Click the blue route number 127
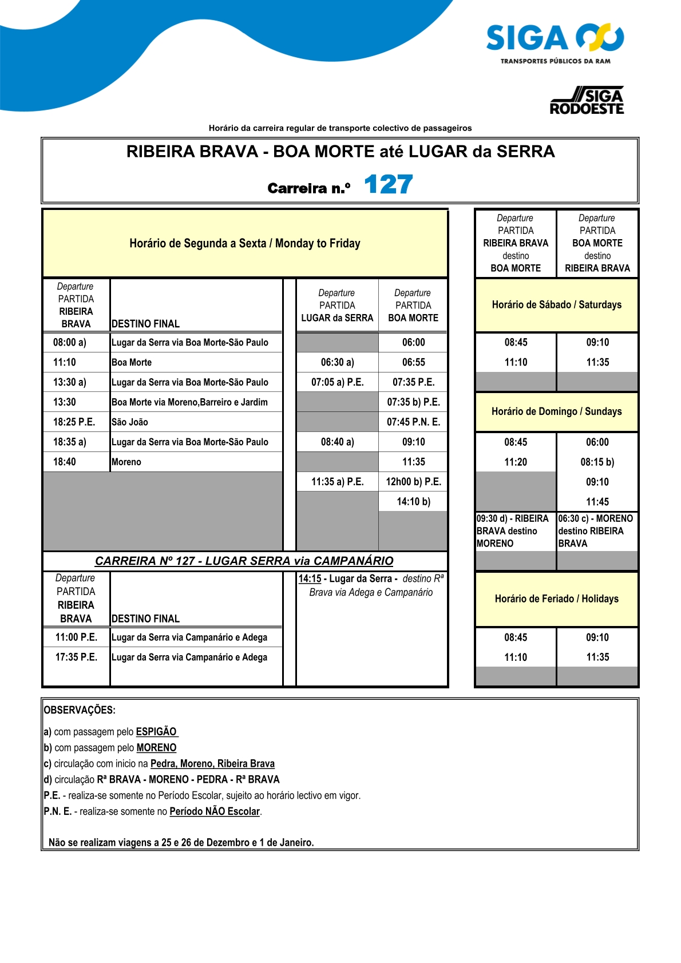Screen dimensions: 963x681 (388, 185)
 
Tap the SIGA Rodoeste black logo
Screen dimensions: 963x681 (587, 101)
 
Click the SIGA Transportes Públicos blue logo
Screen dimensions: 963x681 (555, 43)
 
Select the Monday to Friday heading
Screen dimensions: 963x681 (245, 243)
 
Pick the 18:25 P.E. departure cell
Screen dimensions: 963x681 (74, 422)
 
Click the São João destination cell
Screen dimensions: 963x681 (130, 422)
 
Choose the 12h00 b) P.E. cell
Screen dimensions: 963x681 (413, 482)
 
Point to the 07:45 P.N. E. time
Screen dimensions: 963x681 (413, 422)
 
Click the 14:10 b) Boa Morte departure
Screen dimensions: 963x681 (413, 502)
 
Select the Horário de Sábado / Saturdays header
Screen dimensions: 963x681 (556, 305)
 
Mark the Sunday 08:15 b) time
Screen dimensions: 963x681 (597, 462)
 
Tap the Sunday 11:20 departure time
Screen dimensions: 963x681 (516, 462)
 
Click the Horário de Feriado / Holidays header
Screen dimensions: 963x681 (556, 599)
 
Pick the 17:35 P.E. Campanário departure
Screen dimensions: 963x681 (76, 657)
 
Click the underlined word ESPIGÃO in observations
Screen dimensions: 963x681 (156, 732)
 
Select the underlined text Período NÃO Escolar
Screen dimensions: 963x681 (215, 811)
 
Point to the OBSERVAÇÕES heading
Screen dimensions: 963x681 (80, 710)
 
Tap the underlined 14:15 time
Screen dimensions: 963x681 (310, 579)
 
